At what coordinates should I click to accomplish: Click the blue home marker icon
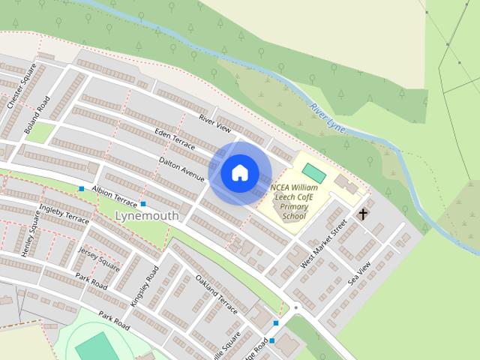(239, 172)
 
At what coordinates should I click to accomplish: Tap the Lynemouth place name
(148, 216)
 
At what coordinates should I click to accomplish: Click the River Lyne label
(328, 118)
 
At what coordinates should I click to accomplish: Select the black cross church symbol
(363, 214)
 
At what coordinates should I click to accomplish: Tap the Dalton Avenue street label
(181, 169)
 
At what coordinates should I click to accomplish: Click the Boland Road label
(37, 116)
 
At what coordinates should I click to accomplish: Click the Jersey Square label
(98, 257)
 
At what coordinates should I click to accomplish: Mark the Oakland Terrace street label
(216, 295)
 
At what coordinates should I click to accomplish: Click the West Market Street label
(325, 244)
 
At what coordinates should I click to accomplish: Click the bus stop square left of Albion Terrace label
(81, 188)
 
